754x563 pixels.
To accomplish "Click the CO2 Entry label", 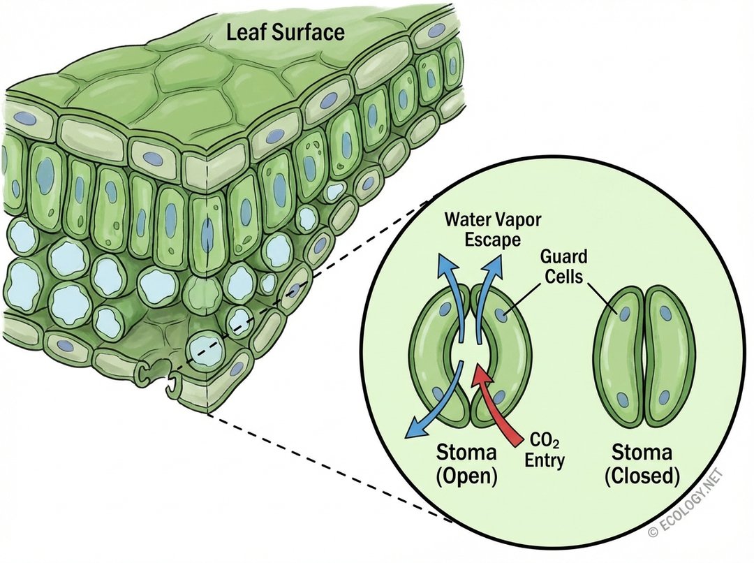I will [x=545, y=451].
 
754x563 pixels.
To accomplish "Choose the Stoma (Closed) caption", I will [x=642, y=463].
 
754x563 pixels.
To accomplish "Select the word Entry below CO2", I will [x=545, y=460].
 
